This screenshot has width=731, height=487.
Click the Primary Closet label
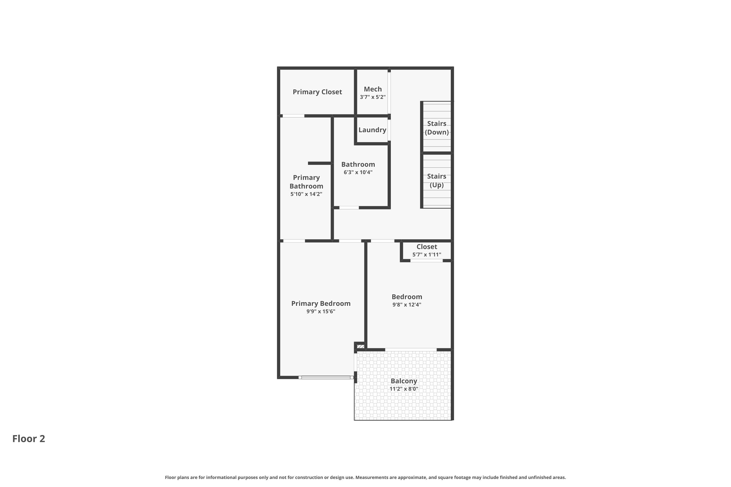click(317, 92)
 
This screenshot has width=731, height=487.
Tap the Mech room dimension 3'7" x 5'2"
click(373, 97)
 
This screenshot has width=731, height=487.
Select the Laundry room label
click(372, 130)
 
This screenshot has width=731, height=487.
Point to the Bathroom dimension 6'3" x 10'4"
click(358, 172)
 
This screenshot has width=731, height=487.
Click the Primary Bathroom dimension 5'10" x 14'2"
click(306, 194)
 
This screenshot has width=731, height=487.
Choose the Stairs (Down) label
click(436, 128)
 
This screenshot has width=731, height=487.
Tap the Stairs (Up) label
click(436, 180)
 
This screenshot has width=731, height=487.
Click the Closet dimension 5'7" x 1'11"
click(426, 255)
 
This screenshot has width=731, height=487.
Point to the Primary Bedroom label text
click(321, 303)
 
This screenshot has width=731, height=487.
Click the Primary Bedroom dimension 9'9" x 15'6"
click(321, 311)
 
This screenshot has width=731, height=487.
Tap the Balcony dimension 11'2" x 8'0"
click(404, 389)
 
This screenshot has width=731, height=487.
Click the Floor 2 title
click(29, 439)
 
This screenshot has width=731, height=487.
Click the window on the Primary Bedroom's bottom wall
click(326, 377)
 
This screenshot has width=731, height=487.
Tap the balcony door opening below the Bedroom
click(411, 350)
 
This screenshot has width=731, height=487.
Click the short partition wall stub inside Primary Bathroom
click(319, 163)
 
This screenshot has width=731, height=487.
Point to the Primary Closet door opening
click(293, 116)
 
